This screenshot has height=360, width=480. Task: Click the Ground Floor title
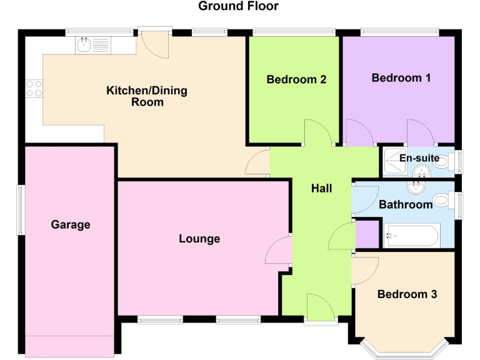coord(238,6)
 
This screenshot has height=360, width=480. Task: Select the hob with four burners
coord(34,89)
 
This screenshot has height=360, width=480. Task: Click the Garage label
coord(71,224)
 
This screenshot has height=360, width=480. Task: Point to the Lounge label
coord(199,239)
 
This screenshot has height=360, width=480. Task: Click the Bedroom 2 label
coord(296,79)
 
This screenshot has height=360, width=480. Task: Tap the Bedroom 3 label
coord(407,294)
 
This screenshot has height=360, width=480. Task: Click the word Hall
coord(322,188)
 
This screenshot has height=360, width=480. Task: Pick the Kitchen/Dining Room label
coord(147,96)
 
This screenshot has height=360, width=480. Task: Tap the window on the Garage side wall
coord(19,209)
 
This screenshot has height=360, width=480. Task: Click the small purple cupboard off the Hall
coord(367,234)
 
